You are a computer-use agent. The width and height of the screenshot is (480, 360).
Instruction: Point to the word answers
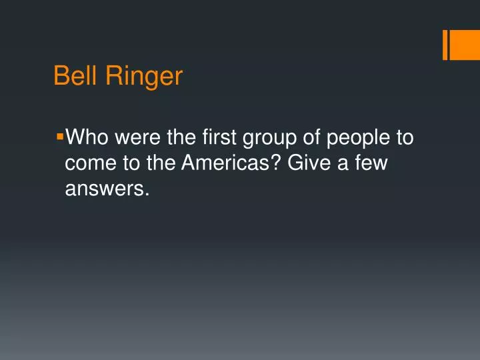tap(103, 190)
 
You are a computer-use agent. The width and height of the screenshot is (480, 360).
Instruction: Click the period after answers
tap(145, 195)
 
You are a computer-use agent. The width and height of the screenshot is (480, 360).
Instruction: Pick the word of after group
tap(311, 138)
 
